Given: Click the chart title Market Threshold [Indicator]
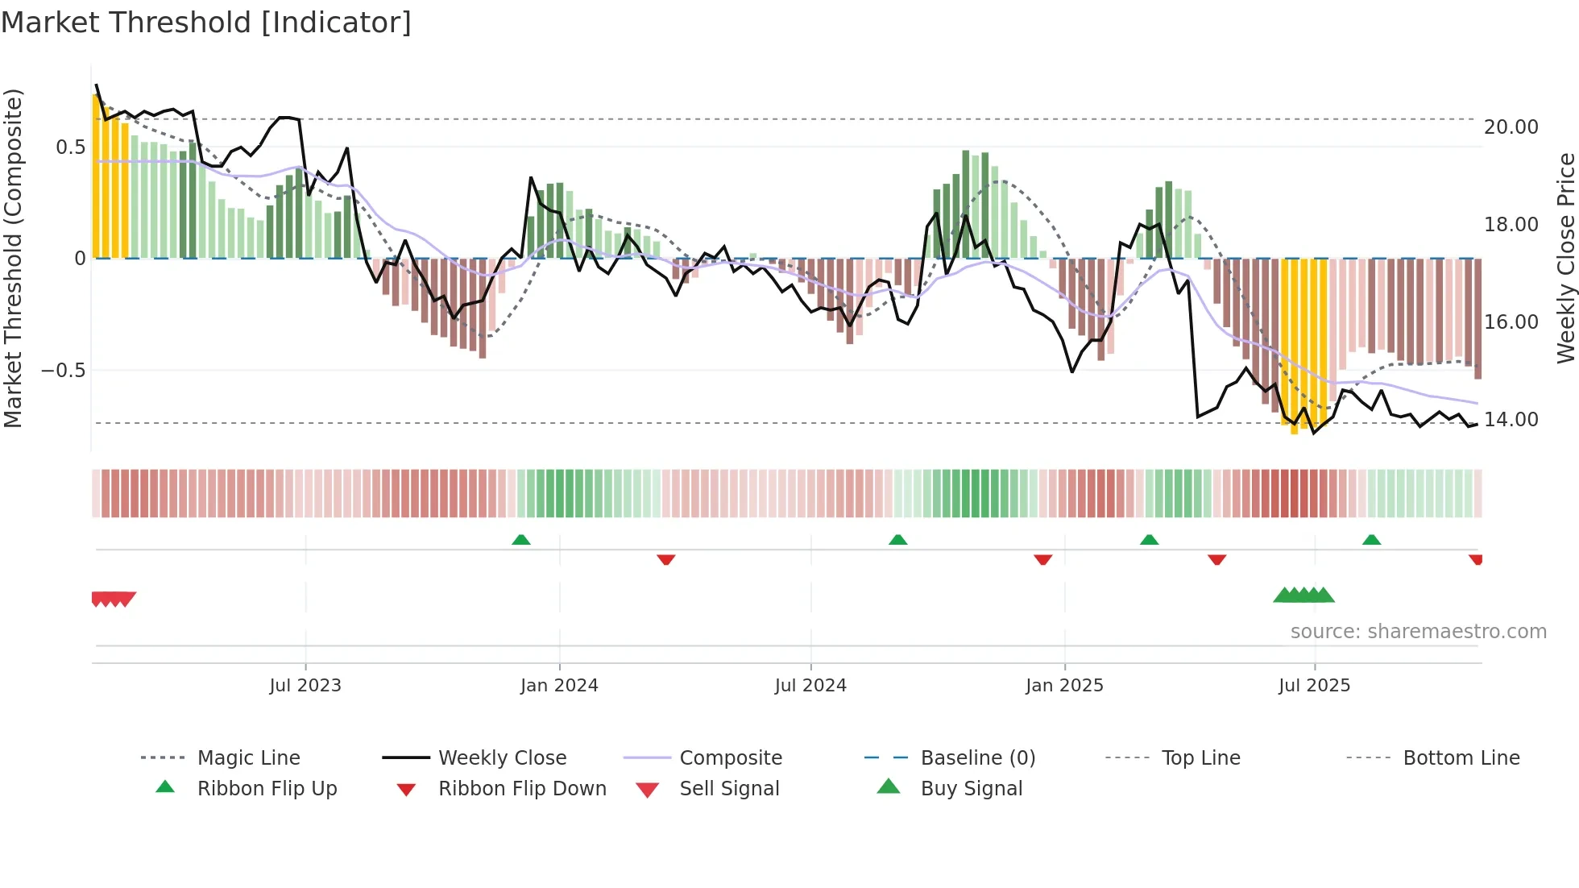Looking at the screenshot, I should pyautogui.click(x=206, y=23).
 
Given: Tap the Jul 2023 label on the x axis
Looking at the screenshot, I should pyautogui.click(x=305, y=686).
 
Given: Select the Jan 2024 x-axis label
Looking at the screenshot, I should pyautogui.click(x=559, y=686).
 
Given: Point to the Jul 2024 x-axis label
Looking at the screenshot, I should pyautogui.click(x=810, y=686).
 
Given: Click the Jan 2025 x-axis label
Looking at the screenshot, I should pyautogui.click(x=1064, y=686).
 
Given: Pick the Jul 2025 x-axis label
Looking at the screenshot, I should pyautogui.click(x=1314, y=686).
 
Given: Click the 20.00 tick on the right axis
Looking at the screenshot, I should pyautogui.click(x=1511, y=127).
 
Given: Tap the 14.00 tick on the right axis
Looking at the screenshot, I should pyautogui.click(x=1511, y=420).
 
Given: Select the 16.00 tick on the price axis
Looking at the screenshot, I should pyautogui.click(x=1511, y=322).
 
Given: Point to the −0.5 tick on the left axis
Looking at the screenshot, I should pyautogui.click(x=63, y=371).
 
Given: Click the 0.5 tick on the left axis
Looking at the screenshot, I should pyautogui.click(x=70, y=147).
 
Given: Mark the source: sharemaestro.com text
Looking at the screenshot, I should pyautogui.click(x=1418, y=632).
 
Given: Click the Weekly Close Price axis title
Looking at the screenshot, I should pyautogui.click(x=1565, y=258).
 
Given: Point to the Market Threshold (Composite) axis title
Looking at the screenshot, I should pyautogui.click(x=13, y=258).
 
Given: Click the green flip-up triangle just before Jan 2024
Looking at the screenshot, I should pyautogui.click(x=521, y=540).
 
